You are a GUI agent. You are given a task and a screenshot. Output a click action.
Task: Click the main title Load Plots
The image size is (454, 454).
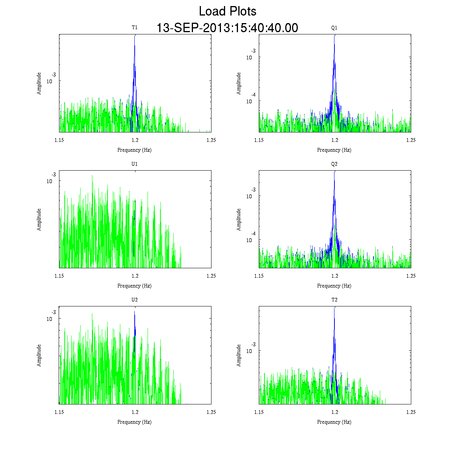(x=227, y=11)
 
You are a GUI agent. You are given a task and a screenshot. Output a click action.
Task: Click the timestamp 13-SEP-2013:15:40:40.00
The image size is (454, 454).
(x=227, y=28)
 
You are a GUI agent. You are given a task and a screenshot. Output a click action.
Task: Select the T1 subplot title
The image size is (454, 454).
(x=134, y=28)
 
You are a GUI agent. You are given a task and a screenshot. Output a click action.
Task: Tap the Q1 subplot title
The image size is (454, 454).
(x=334, y=28)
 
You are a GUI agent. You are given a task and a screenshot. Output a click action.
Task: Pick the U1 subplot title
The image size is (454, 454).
(x=134, y=164)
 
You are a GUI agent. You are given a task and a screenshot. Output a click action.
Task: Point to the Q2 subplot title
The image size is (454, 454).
(x=334, y=164)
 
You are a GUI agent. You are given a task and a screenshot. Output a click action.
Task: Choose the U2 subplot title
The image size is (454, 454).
(x=134, y=300)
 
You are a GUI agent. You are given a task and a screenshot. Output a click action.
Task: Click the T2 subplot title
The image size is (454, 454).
(x=334, y=300)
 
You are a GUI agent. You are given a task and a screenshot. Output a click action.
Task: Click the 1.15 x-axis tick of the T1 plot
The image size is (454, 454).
(x=59, y=140)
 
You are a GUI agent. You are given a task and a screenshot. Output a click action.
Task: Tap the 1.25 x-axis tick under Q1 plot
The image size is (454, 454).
(x=410, y=140)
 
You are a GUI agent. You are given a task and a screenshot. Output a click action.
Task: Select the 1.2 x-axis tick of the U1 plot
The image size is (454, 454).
(x=135, y=276)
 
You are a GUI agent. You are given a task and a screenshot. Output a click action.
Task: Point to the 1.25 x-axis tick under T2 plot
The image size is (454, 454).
(x=410, y=412)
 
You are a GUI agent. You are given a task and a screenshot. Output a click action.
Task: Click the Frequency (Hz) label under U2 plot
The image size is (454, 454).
(x=134, y=422)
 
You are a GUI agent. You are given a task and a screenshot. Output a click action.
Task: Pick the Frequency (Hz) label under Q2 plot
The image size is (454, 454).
(x=334, y=286)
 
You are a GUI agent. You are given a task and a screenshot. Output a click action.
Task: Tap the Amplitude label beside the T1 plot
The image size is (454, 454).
(x=39, y=83)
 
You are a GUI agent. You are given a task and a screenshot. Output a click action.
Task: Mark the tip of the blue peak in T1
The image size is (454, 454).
(x=134, y=36)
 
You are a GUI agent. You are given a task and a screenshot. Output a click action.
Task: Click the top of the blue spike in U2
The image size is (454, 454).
(x=134, y=311)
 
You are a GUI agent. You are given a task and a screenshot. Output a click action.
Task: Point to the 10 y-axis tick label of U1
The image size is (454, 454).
(x=49, y=181)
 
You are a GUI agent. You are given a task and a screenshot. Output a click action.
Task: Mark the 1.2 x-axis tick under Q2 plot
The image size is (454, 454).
(x=334, y=276)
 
